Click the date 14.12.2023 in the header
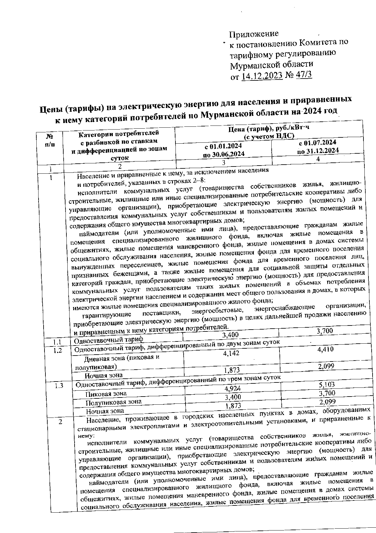[x=262, y=76]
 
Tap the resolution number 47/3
[x=304, y=75]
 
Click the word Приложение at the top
[x=254, y=33]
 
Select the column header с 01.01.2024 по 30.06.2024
[x=223, y=150]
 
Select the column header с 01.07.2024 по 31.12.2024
[x=318, y=146]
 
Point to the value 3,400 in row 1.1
[x=230, y=335]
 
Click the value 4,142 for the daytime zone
[x=231, y=353]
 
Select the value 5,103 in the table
[x=326, y=384]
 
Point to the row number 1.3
[x=59, y=386]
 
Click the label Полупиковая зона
[x=113, y=402]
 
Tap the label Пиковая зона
[x=106, y=393]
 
